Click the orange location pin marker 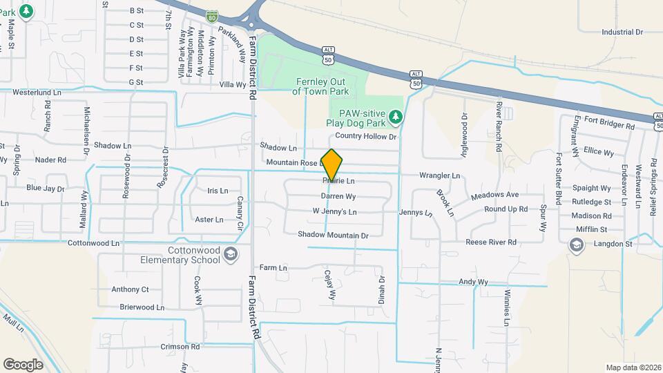[331, 164]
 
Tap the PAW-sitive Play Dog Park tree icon [395, 117]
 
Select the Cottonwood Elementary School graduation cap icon [229, 256]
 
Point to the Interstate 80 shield [212, 14]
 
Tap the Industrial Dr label [622, 32]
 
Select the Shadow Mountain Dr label [334, 235]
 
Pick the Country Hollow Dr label [367, 137]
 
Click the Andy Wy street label [473, 282]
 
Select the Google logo [23, 364]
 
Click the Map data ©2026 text [633, 367]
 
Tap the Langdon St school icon [575, 245]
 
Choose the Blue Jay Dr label [45, 188]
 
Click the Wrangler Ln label [439, 176]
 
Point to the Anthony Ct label [130, 289]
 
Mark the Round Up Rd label [506, 209]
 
